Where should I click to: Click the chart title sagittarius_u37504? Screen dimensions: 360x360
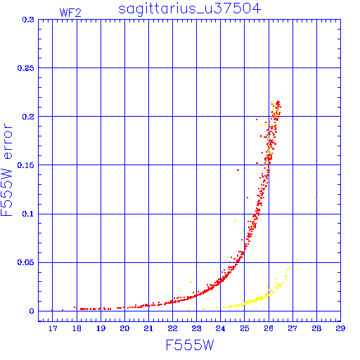coord(189,9)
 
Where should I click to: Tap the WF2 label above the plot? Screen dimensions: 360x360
coord(70,13)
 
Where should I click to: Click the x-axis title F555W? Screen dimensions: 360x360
coord(190,345)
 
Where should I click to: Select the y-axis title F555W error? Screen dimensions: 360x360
coord(6,170)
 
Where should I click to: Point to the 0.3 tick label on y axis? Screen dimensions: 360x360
coord(28,20)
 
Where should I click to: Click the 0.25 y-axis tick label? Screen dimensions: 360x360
coord(26,68)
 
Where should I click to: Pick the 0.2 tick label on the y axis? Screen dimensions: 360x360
coord(28,117)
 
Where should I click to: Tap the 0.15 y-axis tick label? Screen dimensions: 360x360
coord(26,165)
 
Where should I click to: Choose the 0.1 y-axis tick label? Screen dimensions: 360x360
coord(28,214)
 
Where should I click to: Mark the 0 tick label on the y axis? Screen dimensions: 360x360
coord(32,311)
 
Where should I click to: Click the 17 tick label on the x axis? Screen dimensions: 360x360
coord(53,328)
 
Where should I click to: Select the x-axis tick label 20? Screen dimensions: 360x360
coord(124,328)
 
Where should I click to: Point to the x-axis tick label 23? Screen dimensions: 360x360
coord(196,328)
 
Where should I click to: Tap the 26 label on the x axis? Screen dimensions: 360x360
coord(269,328)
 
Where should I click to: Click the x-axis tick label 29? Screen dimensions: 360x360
coord(340,328)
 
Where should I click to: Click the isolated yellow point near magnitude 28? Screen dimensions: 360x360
coord(315,198)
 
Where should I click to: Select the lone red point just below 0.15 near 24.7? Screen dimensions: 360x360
coord(238,170)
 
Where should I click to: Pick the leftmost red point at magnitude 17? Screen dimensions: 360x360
coord(52,310)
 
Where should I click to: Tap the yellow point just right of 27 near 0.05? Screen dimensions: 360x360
coord(297,260)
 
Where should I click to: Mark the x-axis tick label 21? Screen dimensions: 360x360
coord(148,328)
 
